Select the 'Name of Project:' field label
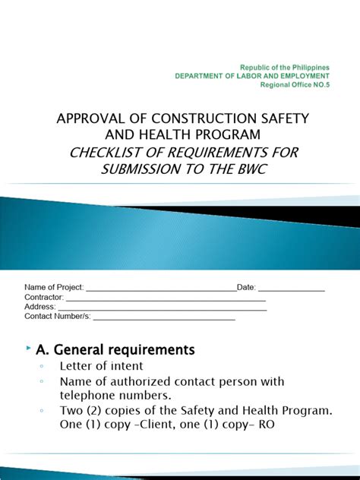(x=54, y=288)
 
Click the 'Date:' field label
(x=248, y=288)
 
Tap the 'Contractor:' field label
(x=45, y=298)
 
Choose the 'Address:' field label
(x=40, y=307)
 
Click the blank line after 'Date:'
(x=292, y=289)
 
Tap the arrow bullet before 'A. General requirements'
(x=28, y=349)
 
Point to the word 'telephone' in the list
(x=88, y=396)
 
